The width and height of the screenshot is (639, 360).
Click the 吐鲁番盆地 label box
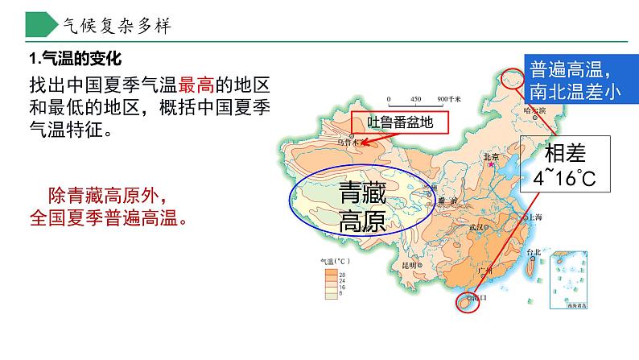click(394, 123)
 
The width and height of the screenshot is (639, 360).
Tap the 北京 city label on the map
click(490, 157)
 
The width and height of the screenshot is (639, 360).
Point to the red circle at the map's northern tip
click(510, 78)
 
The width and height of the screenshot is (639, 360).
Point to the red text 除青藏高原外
click(106, 196)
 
